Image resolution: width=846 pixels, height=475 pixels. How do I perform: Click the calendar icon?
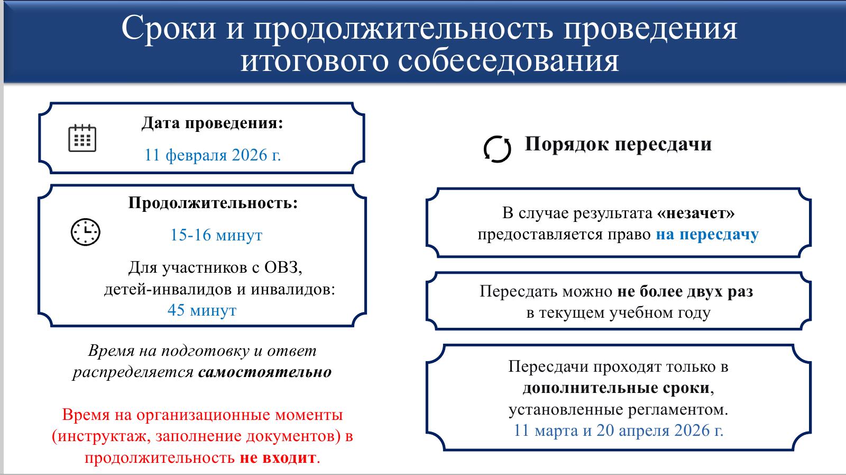(x=82, y=138)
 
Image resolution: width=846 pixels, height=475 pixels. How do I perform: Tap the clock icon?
(x=86, y=232)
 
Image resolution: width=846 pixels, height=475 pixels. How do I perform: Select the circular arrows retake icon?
(x=498, y=149)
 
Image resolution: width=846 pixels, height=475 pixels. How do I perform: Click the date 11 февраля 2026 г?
(x=213, y=155)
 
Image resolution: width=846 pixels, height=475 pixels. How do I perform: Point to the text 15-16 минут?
(x=216, y=235)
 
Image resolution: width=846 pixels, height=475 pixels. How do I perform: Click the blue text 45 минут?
(x=202, y=310)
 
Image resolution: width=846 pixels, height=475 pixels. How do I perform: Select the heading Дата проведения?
(x=212, y=123)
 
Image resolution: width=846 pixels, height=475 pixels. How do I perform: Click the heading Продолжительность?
(x=213, y=203)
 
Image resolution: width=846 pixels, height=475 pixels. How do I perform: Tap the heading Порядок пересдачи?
(x=618, y=145)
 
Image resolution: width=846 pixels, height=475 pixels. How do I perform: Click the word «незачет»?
(x=696, y=213)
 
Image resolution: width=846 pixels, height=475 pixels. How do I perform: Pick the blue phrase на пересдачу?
(x=707, y=235)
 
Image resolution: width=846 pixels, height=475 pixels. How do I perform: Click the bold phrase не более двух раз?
(x=685, y=291)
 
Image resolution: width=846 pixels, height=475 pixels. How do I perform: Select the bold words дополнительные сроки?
(x=617, y=388)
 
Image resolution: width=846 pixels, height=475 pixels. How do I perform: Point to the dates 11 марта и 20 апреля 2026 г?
(x=619, y=431)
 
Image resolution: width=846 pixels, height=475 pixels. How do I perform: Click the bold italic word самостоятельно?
(x=265, y=372)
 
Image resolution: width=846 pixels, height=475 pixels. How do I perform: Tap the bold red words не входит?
(x=278, y=458)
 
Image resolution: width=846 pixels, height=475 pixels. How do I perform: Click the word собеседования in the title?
(x=509, y=60)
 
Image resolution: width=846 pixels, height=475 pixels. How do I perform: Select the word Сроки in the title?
(x=169, y=29)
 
